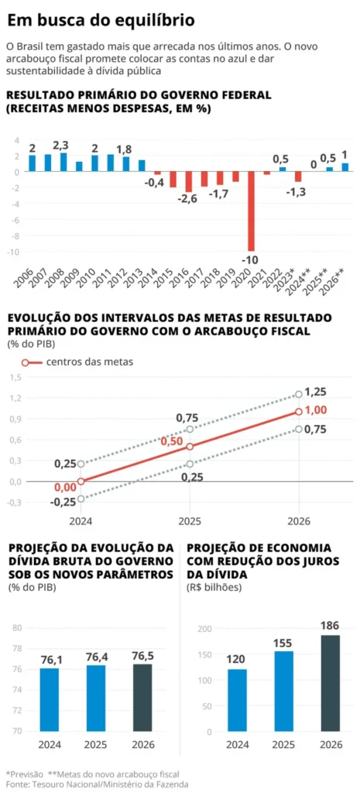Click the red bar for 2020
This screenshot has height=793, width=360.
(251, 211)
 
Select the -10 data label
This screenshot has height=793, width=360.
(252, 258)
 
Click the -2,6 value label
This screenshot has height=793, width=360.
(188, 199)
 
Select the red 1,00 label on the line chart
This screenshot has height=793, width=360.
(316, 411)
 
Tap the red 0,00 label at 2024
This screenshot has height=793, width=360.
(65, 488)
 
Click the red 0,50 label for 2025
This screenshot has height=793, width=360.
(171, 441)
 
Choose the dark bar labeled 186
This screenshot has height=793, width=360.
(330, 683)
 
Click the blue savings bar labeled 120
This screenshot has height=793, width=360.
(238, 700)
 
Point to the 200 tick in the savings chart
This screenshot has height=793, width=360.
(204, 629)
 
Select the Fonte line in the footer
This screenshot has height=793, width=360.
(87, 784)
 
